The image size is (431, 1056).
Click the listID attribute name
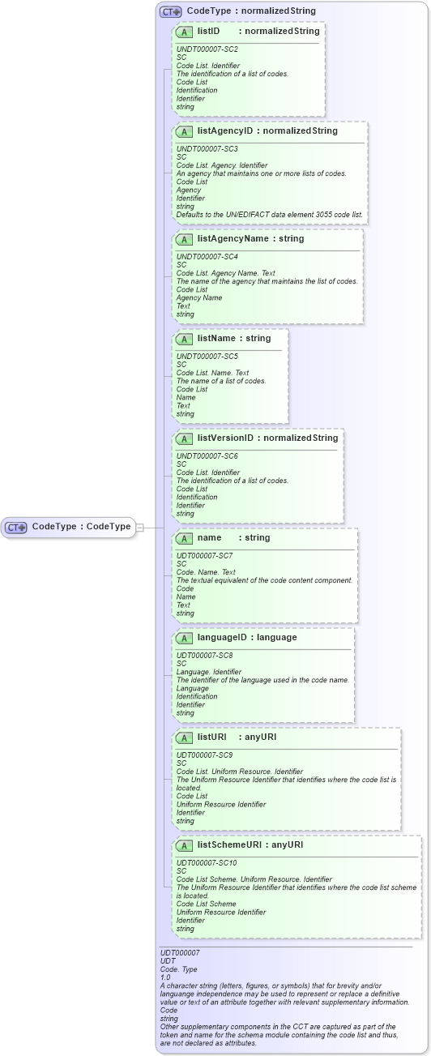209,31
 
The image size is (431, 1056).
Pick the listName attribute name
220,338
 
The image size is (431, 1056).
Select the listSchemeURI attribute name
231,844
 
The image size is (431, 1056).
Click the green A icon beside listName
184,339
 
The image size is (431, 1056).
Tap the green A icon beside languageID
184,638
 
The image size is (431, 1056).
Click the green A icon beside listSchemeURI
184,845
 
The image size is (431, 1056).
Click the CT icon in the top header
170,11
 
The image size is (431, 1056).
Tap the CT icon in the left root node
16,527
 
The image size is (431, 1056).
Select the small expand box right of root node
139,527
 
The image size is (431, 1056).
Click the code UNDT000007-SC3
207,148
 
